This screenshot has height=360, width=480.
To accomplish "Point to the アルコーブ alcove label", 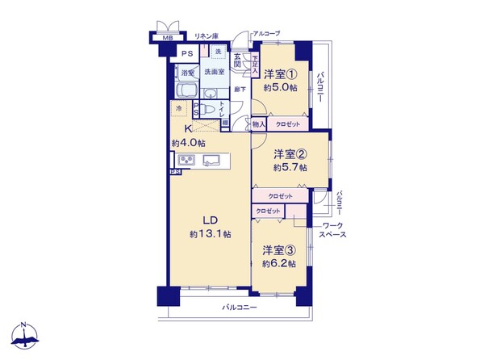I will tap(266, 33).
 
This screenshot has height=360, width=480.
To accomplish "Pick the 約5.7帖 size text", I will tap(290, 168).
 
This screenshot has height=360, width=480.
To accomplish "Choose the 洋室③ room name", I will tap(278, 249).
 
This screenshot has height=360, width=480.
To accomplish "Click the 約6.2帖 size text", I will tap(278, 264).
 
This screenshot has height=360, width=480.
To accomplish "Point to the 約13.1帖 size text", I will tap(210, 234).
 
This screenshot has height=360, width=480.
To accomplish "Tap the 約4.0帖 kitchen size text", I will tap(187, 143).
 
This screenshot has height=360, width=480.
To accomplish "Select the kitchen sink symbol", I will tap(212, 160).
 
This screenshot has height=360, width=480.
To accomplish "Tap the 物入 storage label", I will tap(258, 125).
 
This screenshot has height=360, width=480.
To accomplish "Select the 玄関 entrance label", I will tap(238, 60).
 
